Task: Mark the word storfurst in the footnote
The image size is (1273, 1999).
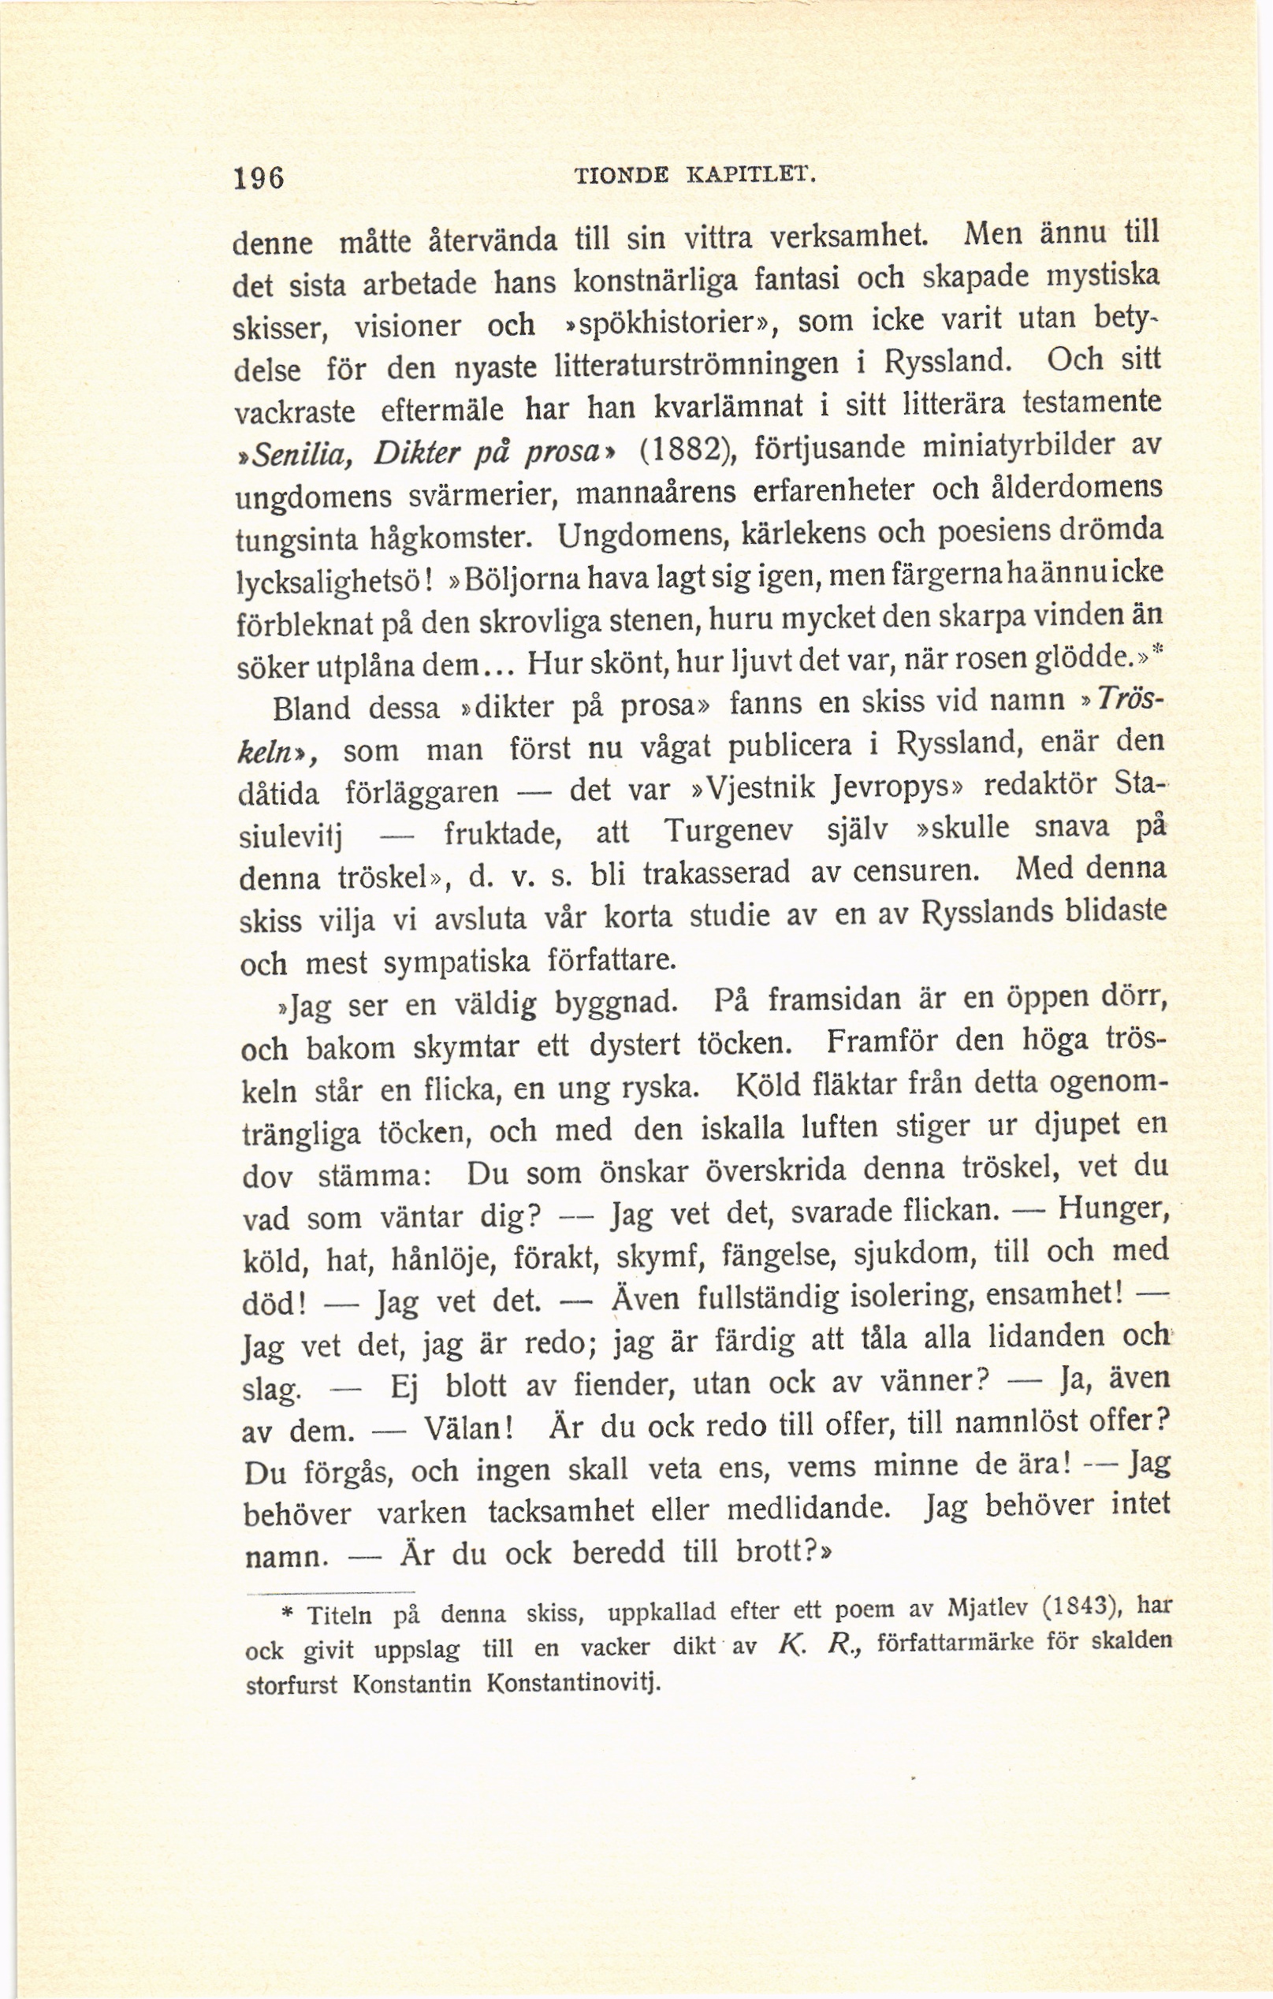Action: point(292,1688)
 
